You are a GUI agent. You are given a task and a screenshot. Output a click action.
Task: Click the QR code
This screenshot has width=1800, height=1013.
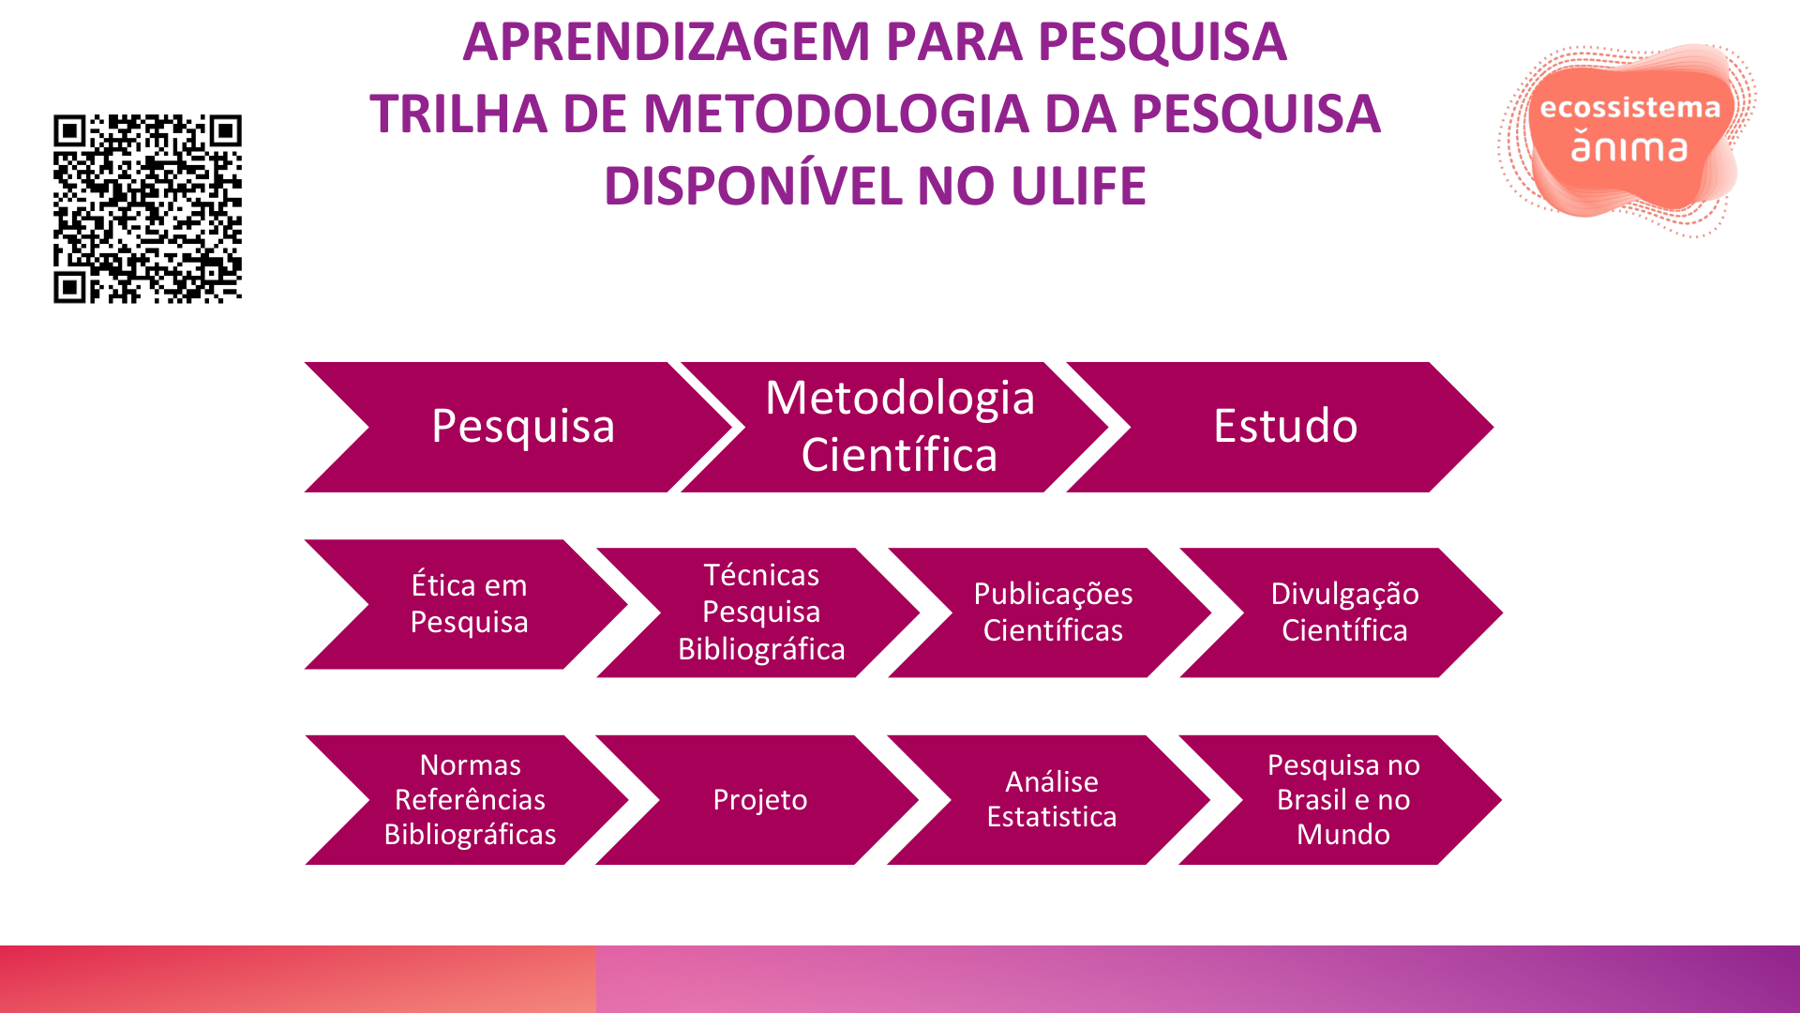(147, 208)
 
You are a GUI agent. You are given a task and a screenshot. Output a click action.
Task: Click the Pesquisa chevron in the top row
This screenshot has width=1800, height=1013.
(522, 427)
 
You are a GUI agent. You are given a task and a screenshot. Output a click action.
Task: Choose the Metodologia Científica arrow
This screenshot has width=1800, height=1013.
(899, 427)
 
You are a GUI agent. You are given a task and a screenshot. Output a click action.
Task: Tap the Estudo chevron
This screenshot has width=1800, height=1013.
(1285, 427)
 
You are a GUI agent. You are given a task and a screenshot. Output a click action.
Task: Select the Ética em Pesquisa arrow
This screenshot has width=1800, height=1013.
(469, 604)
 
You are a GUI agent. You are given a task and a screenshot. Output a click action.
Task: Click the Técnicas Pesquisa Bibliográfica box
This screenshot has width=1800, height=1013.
(761, 612)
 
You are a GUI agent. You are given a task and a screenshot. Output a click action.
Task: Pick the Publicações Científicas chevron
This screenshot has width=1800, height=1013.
(1053, 612)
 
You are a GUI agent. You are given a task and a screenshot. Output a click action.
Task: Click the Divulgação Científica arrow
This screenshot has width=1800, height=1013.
(1344, 612)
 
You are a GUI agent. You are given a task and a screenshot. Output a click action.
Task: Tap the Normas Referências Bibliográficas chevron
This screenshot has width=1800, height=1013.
(470, 800)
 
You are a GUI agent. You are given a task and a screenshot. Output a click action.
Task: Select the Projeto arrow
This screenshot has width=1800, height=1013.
(759, 800)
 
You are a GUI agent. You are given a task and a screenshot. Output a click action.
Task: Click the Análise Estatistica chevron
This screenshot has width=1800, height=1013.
(1052, 800)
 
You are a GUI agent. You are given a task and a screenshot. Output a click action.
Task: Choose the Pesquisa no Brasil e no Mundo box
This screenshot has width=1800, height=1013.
(1342, 800)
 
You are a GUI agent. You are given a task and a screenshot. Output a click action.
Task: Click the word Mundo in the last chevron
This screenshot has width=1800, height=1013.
(1342, 834)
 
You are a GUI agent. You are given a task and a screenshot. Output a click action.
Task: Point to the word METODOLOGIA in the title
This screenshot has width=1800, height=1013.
(836, 114)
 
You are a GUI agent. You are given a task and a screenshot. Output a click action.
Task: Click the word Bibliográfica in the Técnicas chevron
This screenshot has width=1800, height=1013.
(761, 649)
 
